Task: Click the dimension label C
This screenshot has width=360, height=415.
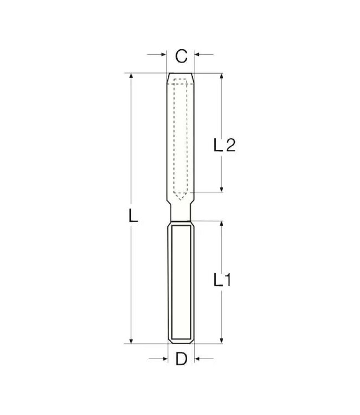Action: click(181, 56)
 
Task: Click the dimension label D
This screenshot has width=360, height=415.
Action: click(181, 359)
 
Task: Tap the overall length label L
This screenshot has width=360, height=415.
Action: click(133, 215)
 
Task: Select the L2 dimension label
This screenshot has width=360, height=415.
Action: click(224, 145)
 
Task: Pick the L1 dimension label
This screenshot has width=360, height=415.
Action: click(222, 280)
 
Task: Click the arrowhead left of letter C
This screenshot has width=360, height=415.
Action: click(163, 55)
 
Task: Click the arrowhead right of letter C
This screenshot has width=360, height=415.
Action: click(198, 55)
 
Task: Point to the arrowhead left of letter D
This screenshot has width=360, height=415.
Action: click(164, 359)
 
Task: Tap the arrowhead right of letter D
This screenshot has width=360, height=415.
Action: click(198, 359)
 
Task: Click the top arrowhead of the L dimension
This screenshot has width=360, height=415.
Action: click(131, 76)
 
